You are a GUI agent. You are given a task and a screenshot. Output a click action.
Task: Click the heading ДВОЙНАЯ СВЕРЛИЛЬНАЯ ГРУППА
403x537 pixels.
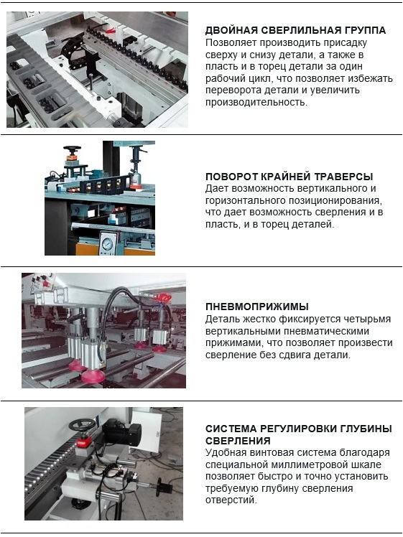coord(295,30)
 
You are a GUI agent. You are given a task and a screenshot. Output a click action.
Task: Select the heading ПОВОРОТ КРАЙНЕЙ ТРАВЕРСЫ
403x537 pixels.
coord(289,177)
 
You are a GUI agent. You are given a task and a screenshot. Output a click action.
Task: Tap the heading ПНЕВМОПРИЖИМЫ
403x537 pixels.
coord(257,307)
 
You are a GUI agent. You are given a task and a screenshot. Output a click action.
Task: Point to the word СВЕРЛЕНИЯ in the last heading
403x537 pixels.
coord(238,440)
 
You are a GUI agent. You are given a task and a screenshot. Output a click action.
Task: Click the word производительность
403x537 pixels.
coord(256,102)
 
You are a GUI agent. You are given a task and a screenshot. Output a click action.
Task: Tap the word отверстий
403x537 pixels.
coord(231,500)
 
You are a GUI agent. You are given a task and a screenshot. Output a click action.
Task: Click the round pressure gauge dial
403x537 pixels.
coord(107,243)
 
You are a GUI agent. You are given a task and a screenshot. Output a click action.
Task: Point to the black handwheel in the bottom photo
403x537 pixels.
coord(82,425)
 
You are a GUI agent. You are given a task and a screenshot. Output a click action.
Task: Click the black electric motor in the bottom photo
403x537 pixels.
coord(122,432)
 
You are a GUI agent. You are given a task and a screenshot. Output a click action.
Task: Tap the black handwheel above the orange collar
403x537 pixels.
coord(72,149)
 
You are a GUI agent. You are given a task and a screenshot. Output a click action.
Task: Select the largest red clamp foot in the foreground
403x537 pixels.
coord(93,376)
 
